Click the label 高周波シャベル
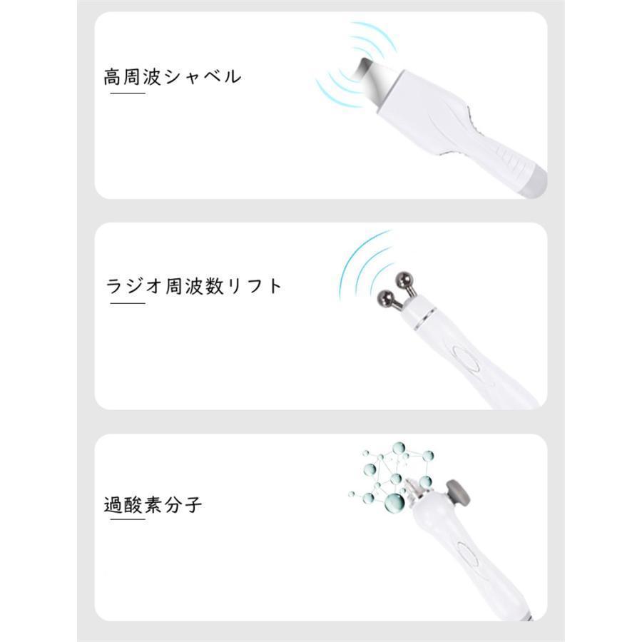[172, 76]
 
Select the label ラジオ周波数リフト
[194, 287]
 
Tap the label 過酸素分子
[153, 505]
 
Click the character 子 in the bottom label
[193, 505]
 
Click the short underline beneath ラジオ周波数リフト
[128, 303]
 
